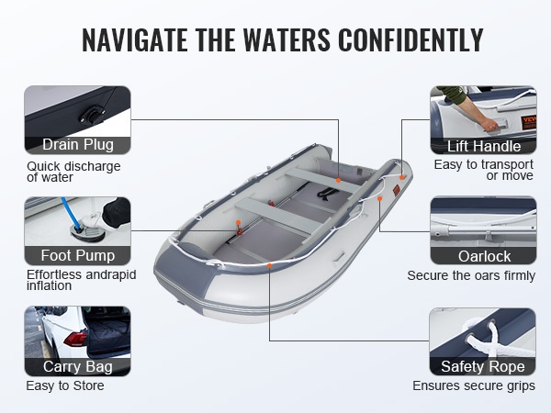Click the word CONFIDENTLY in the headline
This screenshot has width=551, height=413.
click(410, 39)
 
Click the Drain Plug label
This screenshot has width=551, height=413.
click(78, 144)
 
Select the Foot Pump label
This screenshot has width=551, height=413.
click(78, 255)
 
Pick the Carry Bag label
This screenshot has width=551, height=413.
click(78, 366)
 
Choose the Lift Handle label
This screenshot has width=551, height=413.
click(484, 146)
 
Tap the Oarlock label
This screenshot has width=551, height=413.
click(484, 256)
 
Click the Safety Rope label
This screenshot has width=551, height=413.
click(483, 366)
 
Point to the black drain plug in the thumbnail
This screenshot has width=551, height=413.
click(92, 116)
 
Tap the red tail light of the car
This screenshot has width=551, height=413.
click(75, 339)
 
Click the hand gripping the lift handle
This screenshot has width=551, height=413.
click(489, 124)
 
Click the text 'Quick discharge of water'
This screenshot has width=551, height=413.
click(73, 172)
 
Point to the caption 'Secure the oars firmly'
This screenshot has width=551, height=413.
click(471, 275)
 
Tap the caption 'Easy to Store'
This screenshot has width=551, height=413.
click(65, 385)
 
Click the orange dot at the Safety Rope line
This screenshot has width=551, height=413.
click(269, 266)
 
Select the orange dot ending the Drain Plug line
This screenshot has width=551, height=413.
click(338, 180)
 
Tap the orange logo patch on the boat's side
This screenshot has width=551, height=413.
click(397, 190)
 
